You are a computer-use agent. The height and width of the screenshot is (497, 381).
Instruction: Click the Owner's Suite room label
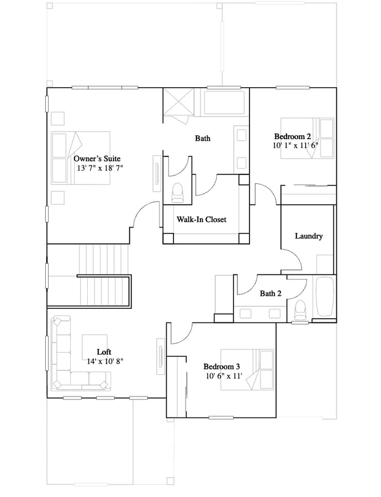click(97, 158)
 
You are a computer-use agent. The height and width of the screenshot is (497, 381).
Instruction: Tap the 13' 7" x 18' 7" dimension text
click(100, 168)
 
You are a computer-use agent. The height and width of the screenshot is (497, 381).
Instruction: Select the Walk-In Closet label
click(202, 219)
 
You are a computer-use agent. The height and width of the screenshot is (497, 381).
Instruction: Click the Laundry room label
click(309, 236)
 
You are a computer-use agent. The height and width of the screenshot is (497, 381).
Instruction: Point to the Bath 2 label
click(271, 294)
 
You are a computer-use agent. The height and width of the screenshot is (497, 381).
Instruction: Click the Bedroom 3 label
click(221, 367)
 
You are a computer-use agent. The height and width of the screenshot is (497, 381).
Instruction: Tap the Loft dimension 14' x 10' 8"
click(105, 361)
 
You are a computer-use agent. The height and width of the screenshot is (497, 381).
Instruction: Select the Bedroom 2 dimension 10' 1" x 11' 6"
click(295, 145)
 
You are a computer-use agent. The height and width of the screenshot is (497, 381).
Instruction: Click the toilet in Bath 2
click(300, 310)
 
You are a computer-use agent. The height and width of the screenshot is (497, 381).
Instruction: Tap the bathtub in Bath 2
click(325, 297)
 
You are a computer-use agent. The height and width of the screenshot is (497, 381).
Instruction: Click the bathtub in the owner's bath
click(224, 102)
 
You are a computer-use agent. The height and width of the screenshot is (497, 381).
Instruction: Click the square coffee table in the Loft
click(95, 347)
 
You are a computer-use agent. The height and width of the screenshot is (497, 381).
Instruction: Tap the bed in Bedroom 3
click(247, 369)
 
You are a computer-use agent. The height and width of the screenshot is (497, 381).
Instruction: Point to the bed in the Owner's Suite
click(81, 158)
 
